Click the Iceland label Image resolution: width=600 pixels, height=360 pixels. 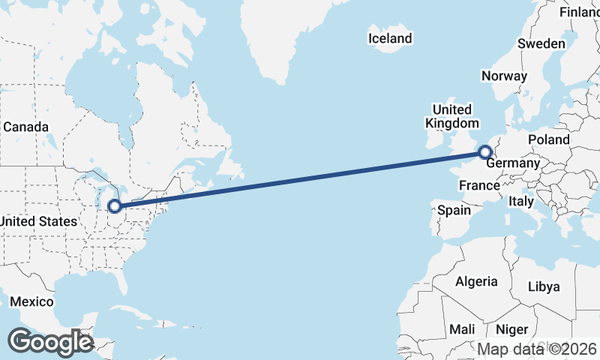pos(390,38)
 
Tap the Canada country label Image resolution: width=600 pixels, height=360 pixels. pos(25,127)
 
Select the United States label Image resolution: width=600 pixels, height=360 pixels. pos(38,221)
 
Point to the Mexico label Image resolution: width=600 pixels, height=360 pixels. pos(31,301)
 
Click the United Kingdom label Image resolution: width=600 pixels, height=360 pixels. pos(451,116)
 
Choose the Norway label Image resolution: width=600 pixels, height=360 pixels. pos(504,76)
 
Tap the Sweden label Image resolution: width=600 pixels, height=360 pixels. pos(541,43)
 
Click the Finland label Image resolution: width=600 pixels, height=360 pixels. pos(580,12)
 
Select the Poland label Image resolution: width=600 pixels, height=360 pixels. pos(548,139)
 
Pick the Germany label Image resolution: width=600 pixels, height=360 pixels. pos(513,163)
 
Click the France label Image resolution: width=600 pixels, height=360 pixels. pos(479,185)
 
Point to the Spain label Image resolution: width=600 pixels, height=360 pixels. pos(454,210)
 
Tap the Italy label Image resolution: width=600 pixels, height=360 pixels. pos(520,201)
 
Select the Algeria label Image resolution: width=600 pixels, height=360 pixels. pos(476,281)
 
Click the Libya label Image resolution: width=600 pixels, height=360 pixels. pos(544,286)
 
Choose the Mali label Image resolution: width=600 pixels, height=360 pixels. pos(462,329)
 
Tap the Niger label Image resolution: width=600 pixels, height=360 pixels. pos(512,329)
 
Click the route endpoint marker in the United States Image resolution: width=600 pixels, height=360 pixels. pos(115,205)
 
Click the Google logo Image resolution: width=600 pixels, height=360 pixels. pos(50,342)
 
